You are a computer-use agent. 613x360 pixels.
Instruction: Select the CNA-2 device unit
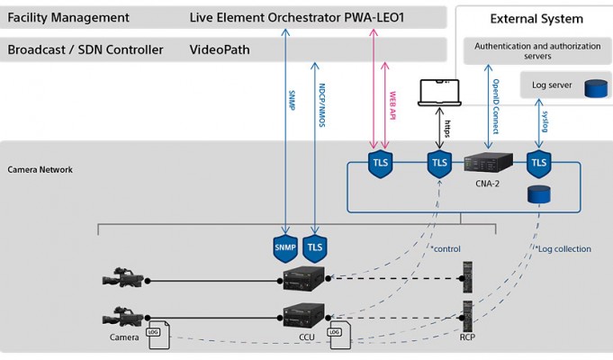tap(488, 163)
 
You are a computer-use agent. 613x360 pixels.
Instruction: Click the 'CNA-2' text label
tap(488, 182)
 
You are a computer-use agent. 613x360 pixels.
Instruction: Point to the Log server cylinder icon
tap(595, 88)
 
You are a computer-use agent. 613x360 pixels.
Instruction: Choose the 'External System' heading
tap(536, 19)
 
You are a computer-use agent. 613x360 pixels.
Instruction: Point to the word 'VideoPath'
tap(221, 49)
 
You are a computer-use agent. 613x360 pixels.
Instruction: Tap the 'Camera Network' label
tap(41, 169)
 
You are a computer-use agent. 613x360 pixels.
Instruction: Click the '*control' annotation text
tap(446, 246)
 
